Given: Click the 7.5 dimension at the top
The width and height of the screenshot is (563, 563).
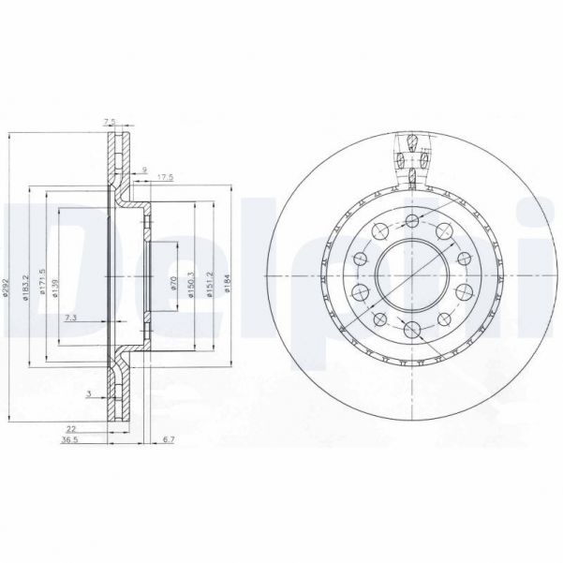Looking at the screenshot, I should (110, 121).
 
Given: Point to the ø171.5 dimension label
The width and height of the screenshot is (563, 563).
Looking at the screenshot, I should (43, 279).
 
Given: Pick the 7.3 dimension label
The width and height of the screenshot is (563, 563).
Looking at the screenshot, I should (70, 319).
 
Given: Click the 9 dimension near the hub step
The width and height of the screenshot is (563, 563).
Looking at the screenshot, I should (144, 169).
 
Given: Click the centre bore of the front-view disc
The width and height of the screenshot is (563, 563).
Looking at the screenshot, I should (411, 277).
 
